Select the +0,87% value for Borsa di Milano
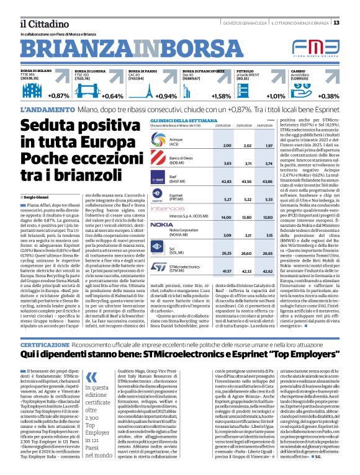tap(58, 96)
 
